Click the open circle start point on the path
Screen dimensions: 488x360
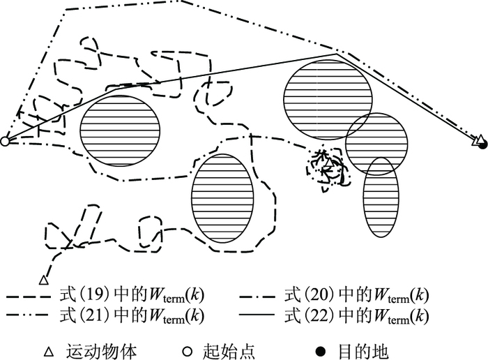pyautogui.click(x=4, y=142)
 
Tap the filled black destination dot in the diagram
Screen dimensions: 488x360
pyautogui.click(x=482, y=144)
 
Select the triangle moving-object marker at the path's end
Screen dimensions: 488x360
pyautogui.click(x=43, y=280)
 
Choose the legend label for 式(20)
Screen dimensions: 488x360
pyautogui.click(x=358, y=296)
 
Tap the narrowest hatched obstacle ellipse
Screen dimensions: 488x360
pyautogui.click(x=381, y=196)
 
